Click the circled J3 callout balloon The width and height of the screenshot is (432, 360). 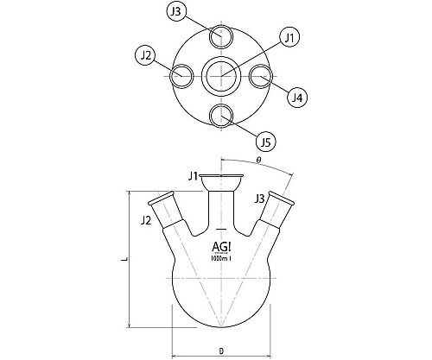(x=177, y=11)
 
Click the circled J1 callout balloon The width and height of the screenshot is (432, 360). (x=290, y=38)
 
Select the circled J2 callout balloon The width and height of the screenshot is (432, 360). (x=146, y=55)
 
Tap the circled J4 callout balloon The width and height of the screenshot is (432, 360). (x=297, y=98)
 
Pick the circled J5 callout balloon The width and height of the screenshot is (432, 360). (x=265, y=142)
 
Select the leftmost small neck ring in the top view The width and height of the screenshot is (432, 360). (x=170, y=76)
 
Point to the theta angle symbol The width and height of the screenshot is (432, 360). (x=258, y=160)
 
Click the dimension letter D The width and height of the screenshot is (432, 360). (x=221, y=351)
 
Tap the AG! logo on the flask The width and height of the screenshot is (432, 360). (x=221, y=247)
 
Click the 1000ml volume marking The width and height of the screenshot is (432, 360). (x=221, y=258)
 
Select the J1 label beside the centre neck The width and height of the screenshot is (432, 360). (x=193, y=176)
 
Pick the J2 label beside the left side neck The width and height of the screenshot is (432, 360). (x=146, y=220)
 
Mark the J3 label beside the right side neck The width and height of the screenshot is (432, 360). (x=259, y=199)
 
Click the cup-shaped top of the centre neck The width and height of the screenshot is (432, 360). (x=221, y=182)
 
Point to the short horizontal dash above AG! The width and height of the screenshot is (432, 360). (x=221, y=229)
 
